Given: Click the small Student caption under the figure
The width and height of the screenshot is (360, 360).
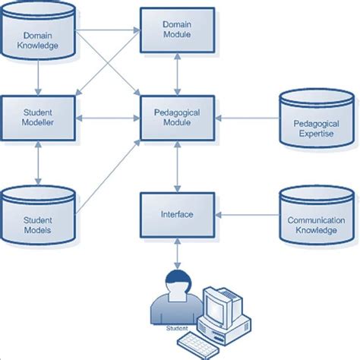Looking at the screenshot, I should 175,329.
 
